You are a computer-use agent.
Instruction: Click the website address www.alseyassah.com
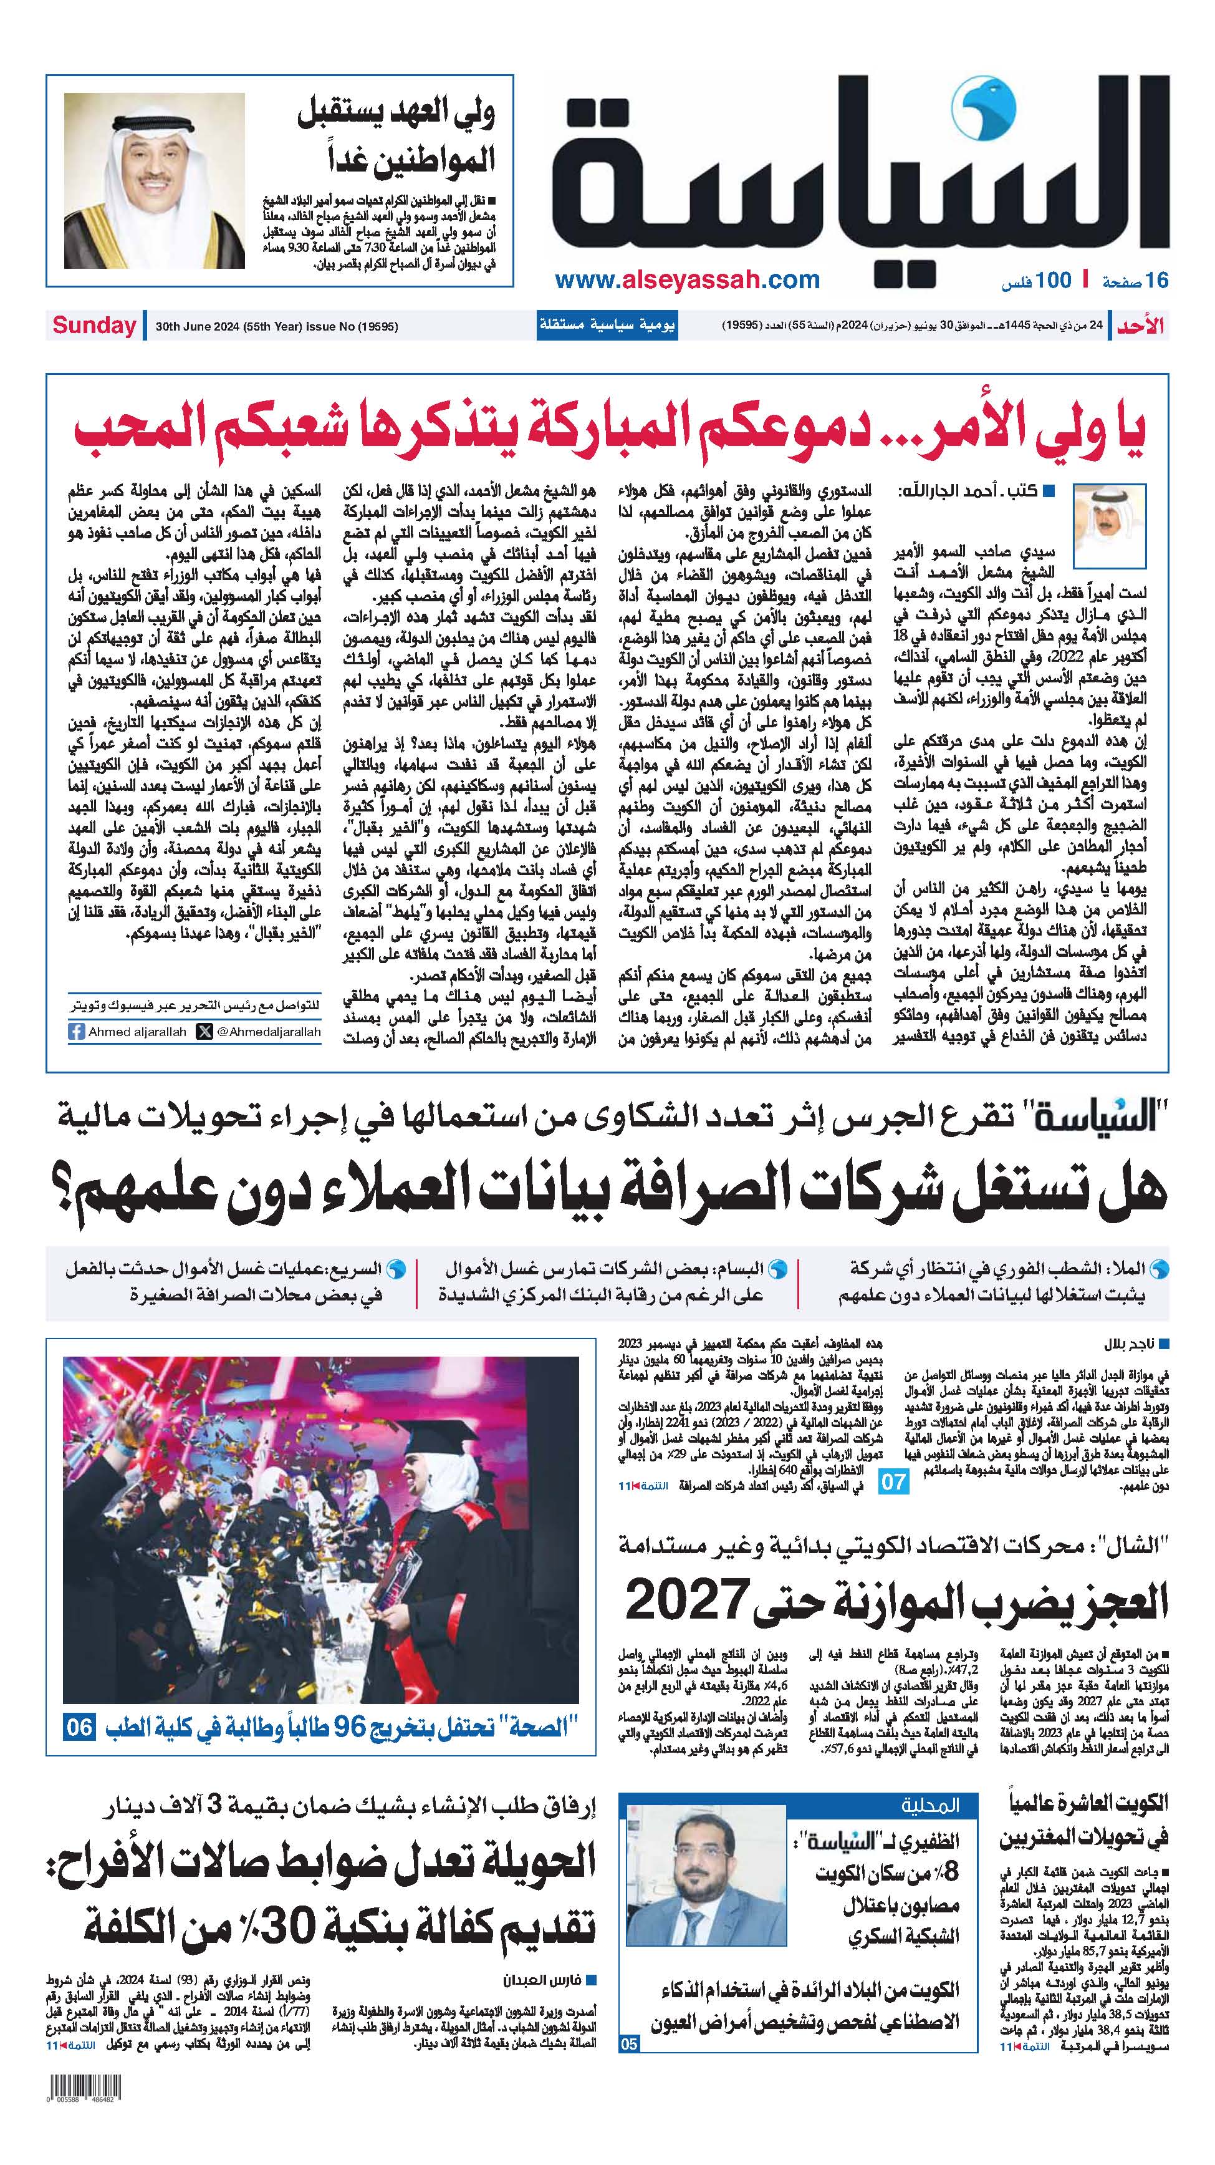688,280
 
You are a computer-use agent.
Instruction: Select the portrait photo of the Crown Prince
155,181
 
